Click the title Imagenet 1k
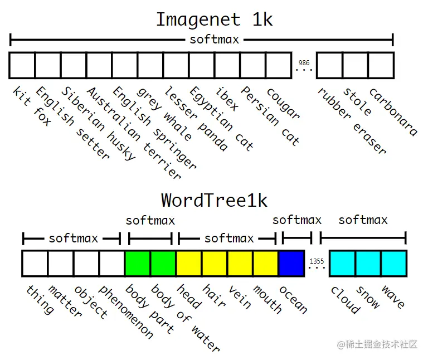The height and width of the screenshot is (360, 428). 214,20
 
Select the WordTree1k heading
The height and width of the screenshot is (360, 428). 215,200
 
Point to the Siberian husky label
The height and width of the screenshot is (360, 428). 98,123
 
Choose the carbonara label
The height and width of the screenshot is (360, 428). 393,111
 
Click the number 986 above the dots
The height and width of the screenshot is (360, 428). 304,63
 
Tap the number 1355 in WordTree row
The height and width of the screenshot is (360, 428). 316,260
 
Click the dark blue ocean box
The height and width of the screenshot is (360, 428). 291,264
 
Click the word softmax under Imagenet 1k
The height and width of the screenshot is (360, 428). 214,40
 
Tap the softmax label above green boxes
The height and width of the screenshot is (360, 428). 150,220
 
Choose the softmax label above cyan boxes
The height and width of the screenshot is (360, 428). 362,220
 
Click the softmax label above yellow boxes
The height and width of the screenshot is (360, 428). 228,239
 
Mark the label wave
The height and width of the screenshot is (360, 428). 392,297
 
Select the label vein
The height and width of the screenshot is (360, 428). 239,296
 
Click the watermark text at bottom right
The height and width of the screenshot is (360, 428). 377,345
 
